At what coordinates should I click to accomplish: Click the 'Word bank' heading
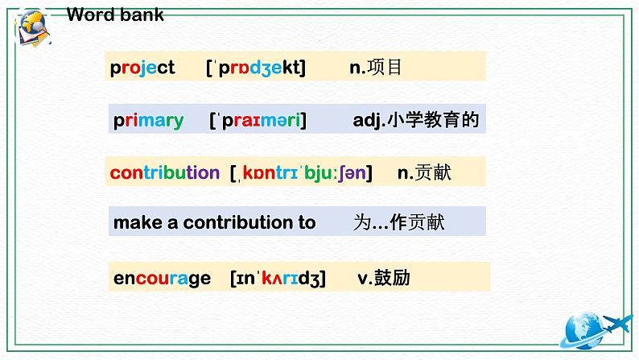114,14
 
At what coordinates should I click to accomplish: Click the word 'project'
142,68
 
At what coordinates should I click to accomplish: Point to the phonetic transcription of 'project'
256,68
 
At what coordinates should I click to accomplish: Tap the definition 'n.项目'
376,68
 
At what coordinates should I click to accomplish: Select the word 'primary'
148,121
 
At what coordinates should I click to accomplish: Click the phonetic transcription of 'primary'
258,122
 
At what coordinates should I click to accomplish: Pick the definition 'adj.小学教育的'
416,121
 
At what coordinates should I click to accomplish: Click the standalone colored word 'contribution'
164,173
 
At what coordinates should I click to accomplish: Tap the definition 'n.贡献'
424,173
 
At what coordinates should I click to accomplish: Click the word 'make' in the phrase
138,223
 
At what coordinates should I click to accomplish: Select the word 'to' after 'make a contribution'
305,223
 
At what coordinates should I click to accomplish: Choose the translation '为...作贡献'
398,223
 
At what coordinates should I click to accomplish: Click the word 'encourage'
162,279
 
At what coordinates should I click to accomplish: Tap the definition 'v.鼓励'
384,279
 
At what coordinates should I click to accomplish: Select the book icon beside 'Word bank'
33,30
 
